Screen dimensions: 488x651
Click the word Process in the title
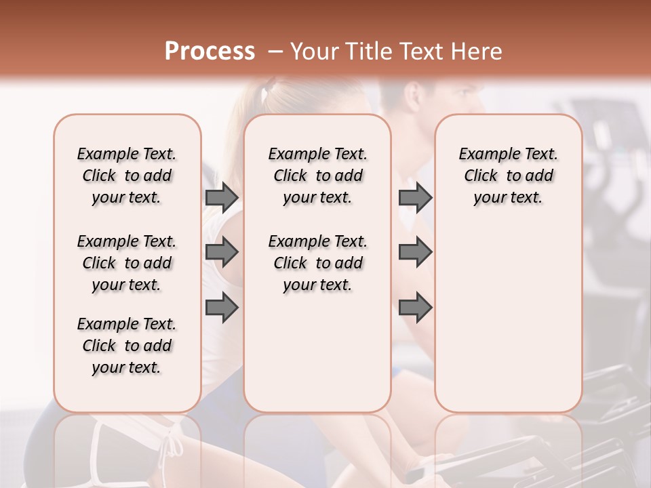pyautogui.click(x=210, y=52)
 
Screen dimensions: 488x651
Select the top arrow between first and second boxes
pyautogui.click(x=222, y=198)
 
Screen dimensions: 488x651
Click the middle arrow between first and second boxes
pyautogui.click(x=222, y=253)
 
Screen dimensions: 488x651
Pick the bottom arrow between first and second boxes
pyautogui.click(x=222, y=308)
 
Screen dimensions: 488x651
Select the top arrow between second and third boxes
pyautogui.click(x=415, y=198)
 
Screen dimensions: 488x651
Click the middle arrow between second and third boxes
pyautogui.click(x=415, y=253)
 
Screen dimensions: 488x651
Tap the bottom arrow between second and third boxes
pyautogui.click(x=415, y=308)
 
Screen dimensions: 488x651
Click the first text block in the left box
pyautogui.click(x=127, y=176)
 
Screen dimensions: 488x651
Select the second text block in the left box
pyautogui.click(x=127, y=263)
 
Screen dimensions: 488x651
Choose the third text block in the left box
pyautogui.click(x=127, y=346)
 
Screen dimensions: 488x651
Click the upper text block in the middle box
pyautogui.click(x=317, y=176)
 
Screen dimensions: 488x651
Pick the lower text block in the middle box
pyautogui.click(x=317, y=263)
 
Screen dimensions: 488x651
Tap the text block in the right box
pyautogui.click(x=508, y=176)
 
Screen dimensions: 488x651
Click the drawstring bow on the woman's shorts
pyautogui.click(x=174, y=444)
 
